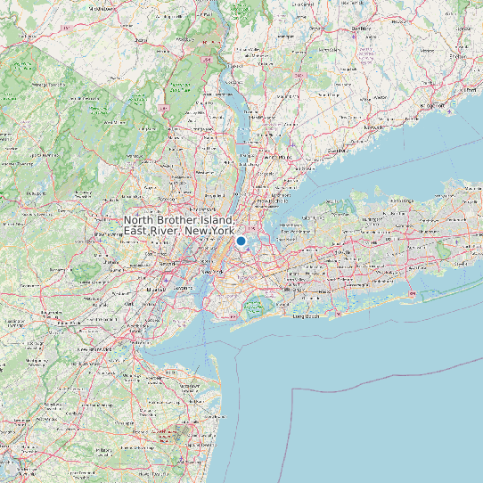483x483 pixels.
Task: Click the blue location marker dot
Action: (x=241, y=241)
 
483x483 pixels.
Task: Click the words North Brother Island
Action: (x=179, y=220)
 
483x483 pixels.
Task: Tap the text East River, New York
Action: (x=179, y=231)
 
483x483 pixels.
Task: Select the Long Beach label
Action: (x=306, y=315)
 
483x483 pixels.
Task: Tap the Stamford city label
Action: (x=336, y=151)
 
